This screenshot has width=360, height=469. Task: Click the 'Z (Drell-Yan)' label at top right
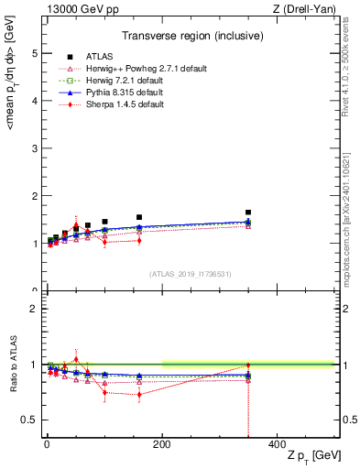click(303, 9)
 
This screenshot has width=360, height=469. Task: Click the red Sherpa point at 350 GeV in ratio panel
click(248, 365)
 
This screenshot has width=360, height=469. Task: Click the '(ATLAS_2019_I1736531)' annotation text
click(191, 274)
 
